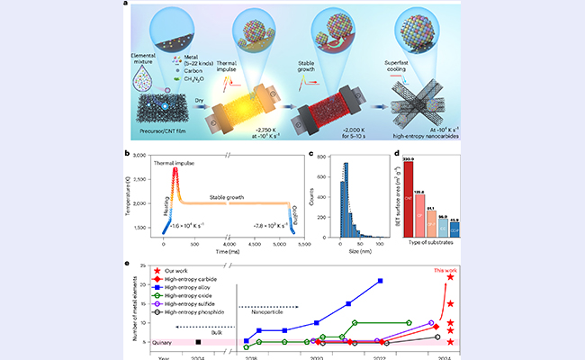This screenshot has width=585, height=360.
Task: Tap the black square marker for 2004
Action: click(198, 342)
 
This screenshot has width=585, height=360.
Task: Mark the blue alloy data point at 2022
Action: click(380, 282)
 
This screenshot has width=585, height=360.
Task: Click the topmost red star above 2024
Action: click(449, 277)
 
